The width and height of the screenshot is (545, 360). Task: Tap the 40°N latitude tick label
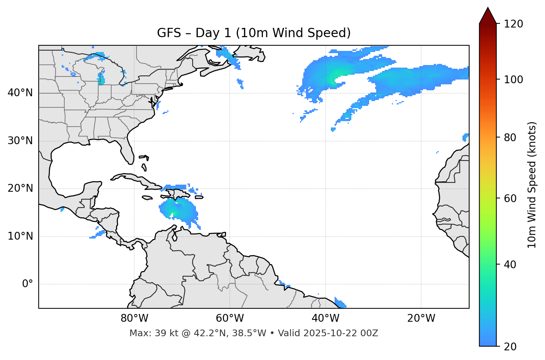20,93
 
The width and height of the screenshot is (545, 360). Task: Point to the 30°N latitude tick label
20,141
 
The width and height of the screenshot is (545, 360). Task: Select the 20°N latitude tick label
20,188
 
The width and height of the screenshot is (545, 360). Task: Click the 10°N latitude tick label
20,236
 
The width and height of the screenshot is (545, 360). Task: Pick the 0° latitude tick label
27,284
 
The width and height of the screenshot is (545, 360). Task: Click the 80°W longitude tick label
134,318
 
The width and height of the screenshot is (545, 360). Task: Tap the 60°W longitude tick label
230,318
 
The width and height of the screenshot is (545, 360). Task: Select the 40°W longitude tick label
325,318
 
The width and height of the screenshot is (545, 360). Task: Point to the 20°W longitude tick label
421,318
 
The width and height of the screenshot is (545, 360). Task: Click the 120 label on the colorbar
513,24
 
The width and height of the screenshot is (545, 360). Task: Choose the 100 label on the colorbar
513,80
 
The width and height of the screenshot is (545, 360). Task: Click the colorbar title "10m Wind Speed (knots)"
532,185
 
